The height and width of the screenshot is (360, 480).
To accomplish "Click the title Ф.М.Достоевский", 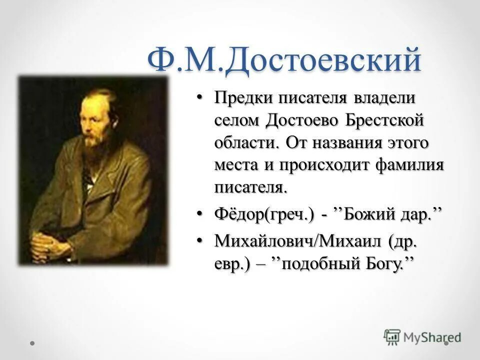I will coord(284,61).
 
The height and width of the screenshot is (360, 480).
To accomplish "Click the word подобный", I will coord(317,263).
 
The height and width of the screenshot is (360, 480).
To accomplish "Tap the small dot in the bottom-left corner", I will coord(32,343).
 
